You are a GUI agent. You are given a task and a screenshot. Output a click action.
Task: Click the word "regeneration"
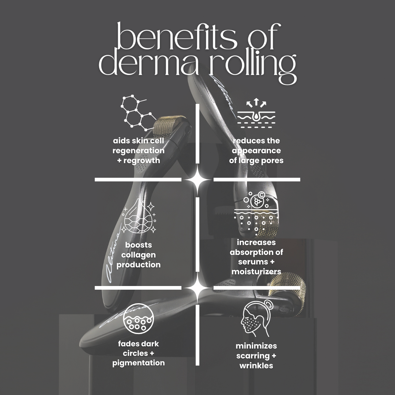click(x=138, y=151)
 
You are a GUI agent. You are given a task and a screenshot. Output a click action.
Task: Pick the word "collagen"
click(x=138, y=255)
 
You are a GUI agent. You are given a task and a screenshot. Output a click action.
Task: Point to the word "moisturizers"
click(x=256, y=272)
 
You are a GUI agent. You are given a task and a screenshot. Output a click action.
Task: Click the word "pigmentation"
click(x=138, y=363)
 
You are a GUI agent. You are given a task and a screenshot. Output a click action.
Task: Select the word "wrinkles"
click(x=256, y=366)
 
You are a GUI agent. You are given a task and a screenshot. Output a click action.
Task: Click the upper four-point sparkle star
click(x=197, y=180)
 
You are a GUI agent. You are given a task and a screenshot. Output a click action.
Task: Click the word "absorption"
click(x=256, y=252)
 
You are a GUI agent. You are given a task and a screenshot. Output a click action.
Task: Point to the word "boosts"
click(x=138, y=245)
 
